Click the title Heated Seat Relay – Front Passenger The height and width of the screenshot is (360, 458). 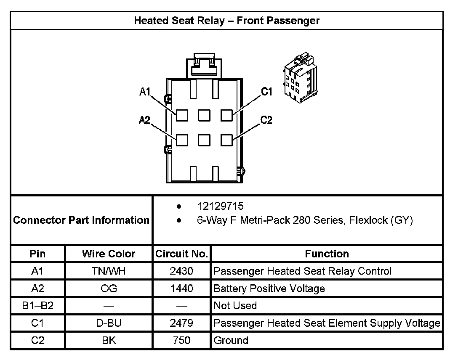coord(226,21)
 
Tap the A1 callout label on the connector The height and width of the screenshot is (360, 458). coord(145,92)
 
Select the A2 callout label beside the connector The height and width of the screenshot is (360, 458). coord(144,121)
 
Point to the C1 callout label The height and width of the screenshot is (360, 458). coord(267,92)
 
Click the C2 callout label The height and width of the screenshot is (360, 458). coord(266,121)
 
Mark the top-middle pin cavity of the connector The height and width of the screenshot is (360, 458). coord(204,115)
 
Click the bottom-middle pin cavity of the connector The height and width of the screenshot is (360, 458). coord(204,140)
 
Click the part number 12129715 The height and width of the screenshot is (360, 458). coord(220,206)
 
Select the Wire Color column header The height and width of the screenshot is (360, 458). coord(109,254)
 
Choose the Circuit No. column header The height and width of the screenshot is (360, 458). coord(181,254)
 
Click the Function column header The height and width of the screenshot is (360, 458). coord(327,254)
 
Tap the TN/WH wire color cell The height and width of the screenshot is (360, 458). coord(109,271)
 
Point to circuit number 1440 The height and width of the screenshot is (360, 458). coord(181,289)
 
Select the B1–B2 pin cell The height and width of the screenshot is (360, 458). coord(37,306)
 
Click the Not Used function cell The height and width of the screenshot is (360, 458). coord(235,306)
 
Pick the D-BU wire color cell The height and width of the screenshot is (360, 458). coord(109,323)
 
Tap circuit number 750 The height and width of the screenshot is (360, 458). coord(181,340)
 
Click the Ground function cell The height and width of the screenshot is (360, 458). coord(231,340)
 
